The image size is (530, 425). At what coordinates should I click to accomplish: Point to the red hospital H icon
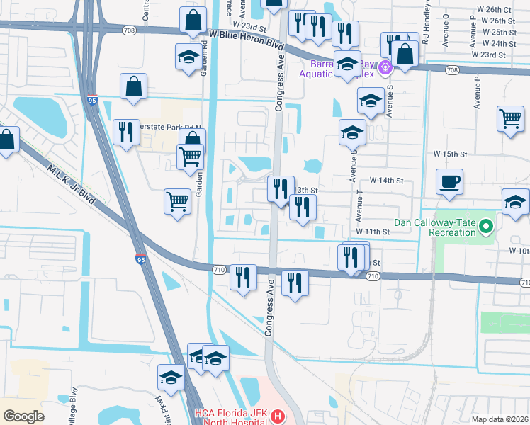[x=277, y=416]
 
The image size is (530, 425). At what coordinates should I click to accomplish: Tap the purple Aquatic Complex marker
[x=385, y=67]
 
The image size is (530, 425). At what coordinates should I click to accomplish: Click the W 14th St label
[x=385, y=181]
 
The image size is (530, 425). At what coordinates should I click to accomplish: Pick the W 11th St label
[x=373, y=232]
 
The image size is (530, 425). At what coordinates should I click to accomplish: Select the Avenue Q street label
[x=445, y=31]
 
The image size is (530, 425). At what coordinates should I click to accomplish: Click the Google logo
[x=21, y=416]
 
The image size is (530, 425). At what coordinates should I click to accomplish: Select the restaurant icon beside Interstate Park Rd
[x=126, y=132]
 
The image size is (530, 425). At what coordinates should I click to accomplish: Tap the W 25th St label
[x=493, y=33]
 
